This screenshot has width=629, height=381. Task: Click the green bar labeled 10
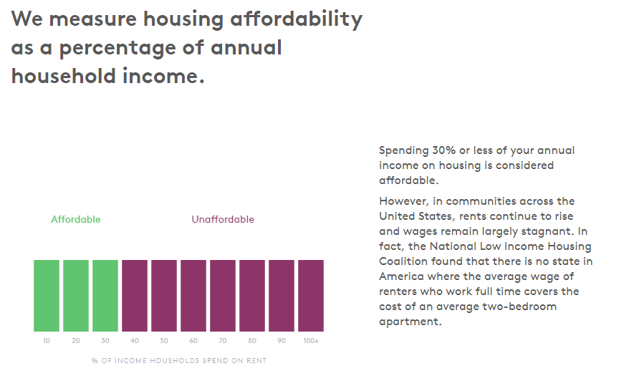point(47,295)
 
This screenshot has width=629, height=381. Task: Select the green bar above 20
point(76,295)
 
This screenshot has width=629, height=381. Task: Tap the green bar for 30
point(105,295)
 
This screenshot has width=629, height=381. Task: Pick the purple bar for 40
point(135,295)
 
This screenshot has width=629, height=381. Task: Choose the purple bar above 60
point(193,295)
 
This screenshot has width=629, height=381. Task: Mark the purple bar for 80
point(252,295)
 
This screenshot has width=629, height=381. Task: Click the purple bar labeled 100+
point(311,295)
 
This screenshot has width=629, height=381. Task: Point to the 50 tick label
point(164,341)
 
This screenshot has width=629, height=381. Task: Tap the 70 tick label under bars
point(223,341)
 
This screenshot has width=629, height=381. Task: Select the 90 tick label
point(282,341)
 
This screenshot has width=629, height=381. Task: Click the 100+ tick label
point(311,341)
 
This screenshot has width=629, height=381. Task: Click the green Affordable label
point(76,220)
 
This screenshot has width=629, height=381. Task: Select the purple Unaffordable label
point(223,220)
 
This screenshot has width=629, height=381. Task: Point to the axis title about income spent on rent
point(179,360)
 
